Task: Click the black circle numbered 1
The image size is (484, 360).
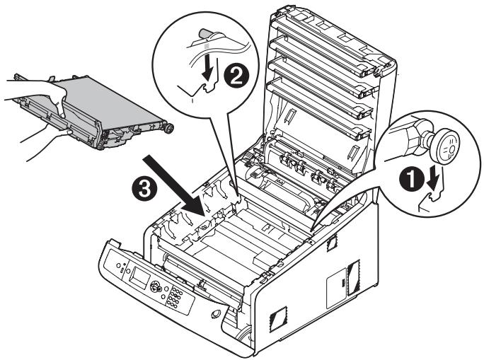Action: (x=413, y=180)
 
